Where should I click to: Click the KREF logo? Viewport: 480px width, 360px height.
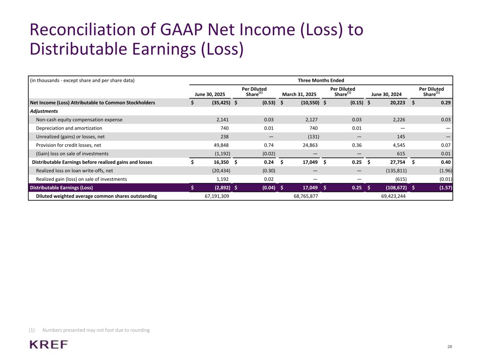(x=49, y=345)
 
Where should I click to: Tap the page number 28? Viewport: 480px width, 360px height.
(x=449, y=347)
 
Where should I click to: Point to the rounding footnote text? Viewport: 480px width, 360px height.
(x=96, y=330)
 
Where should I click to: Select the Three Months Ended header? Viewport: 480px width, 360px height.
(x=321, y=81)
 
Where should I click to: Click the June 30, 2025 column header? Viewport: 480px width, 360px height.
(x=210, y=94)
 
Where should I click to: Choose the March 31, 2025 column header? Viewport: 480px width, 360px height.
(x=299, y=94)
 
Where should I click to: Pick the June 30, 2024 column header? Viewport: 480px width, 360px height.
(x=386, y=94)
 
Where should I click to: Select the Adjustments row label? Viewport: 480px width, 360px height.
(x=44, y=111)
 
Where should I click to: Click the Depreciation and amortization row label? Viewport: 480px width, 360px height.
(x=69, y=128)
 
